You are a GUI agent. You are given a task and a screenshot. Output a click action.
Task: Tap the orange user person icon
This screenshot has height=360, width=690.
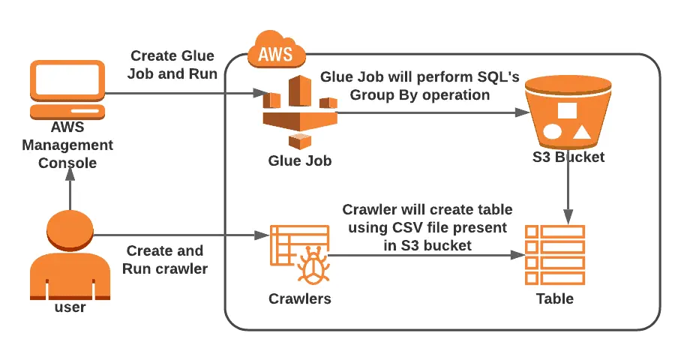(x=69, y=254)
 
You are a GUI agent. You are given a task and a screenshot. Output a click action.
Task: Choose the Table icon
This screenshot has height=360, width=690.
(x=555, y=254)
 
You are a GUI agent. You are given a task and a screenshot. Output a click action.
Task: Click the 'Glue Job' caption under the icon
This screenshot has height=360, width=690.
(x=299, y=160)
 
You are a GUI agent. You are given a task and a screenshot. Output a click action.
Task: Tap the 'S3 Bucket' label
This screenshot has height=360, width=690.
(x=568, y=157)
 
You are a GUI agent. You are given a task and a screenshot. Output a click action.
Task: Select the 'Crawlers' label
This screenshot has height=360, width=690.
(x=299, y=298)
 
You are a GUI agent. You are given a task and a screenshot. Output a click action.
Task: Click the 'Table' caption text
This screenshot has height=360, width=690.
(x=555, y=298)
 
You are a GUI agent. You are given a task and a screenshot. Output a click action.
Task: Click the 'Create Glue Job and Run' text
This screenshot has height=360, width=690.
(x=172, y=64)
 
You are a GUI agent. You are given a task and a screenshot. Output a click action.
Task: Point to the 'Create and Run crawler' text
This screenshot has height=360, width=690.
(x=166, y=259)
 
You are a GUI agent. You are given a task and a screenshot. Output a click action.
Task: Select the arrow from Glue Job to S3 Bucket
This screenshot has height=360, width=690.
(x=427, y=113)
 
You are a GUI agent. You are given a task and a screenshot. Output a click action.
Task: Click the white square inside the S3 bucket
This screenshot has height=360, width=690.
(x=567, y=110)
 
